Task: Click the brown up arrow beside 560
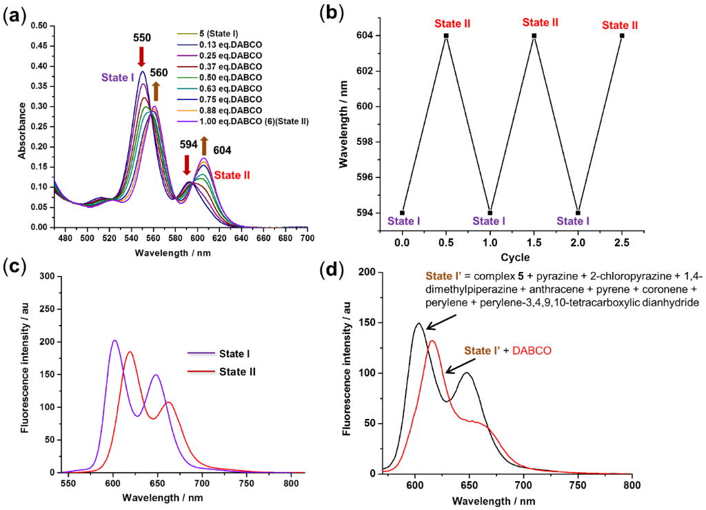pos(156,90)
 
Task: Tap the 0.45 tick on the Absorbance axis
pos(43,46)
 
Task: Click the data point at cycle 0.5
pos(446,35)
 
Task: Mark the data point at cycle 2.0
pos(578,213)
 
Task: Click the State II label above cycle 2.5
pos(620,26)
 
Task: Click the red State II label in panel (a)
pos(232,175)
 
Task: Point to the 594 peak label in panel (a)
pos(188,144)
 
